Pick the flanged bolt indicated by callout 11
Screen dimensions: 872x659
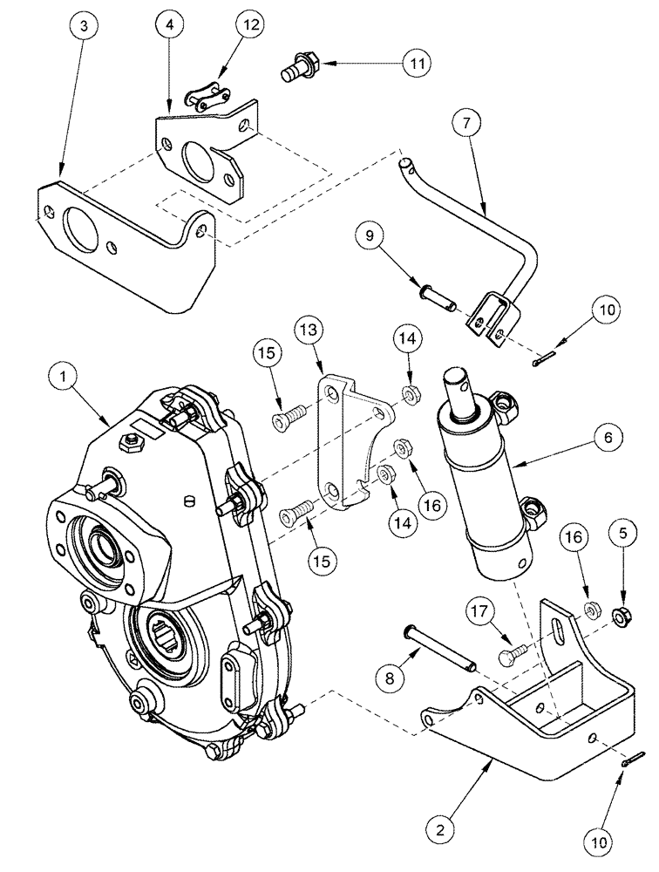[299, 69]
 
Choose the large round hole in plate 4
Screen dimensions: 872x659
[198, 160]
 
